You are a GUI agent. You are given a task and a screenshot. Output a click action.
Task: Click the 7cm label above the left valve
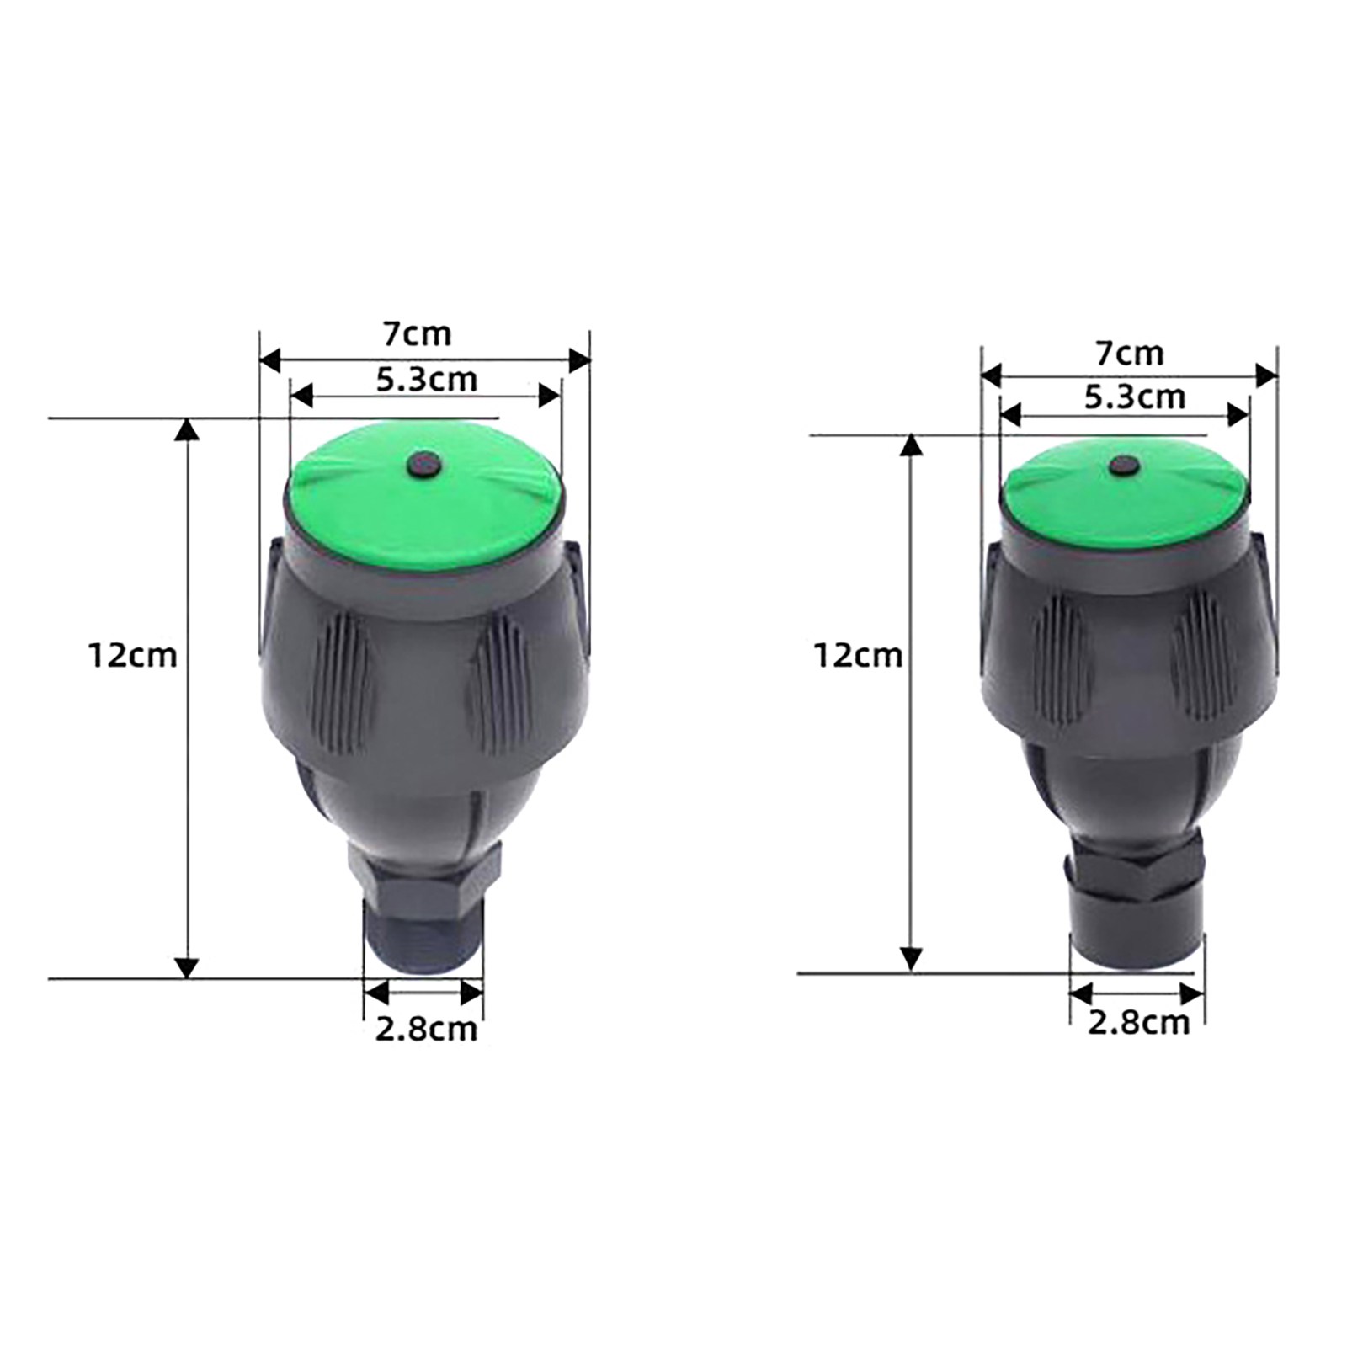pyautogui.click(x=418, y=334)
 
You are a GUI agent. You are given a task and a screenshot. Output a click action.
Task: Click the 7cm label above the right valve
pyautogui.click(x=1130, y=354)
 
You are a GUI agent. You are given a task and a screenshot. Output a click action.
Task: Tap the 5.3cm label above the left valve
pyautogui.click(x=426, y=380)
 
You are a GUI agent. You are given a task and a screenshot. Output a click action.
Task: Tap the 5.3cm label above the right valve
pyautogui.click(x=1135, y=397)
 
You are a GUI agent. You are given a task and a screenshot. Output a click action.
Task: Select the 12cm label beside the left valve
pyautogui.click(x=133, y=655)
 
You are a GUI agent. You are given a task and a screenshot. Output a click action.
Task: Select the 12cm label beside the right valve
pyautogui.click(x=858, y=655)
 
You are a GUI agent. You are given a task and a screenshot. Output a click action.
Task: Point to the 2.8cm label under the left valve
pyautogui.click(x=426, y=1029)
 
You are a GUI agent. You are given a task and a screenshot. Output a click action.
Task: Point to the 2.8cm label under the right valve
pyautogui.click(x=1138, y=1023)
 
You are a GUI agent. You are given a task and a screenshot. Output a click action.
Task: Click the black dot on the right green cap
pyautogui.click(x=1124, y=466)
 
